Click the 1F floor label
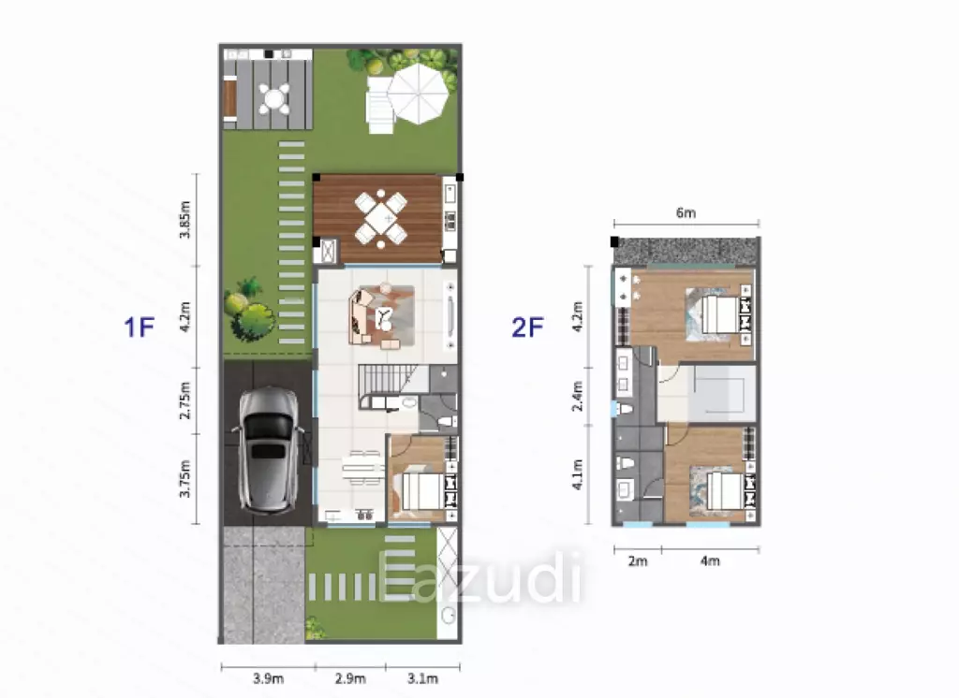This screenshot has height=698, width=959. coord(139,327)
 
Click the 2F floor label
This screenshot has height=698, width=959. coord(528,327)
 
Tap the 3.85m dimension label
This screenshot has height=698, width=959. coord(185,220)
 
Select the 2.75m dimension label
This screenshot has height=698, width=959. coord(185,400)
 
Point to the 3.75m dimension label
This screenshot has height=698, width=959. coord(185,479)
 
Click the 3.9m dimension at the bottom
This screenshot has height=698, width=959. coord(268,678)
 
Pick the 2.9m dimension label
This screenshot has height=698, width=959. coord(350,678)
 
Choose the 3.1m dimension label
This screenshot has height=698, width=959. coord(422,678)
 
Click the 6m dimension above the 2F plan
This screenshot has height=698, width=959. coord(686,212)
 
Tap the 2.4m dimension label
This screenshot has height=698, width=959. coord(577,396)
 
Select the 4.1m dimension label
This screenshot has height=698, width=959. coord(577,475)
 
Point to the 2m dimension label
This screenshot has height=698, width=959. coord(637,561)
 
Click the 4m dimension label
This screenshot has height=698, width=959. coord(710,561)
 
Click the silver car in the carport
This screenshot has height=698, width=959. coord(269,450)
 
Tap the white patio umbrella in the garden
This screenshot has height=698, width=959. coord(419,94)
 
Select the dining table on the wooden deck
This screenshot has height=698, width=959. coord(381,218)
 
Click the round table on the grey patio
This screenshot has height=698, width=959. coord(274,97)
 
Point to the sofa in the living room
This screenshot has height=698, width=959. coord(361,316)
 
